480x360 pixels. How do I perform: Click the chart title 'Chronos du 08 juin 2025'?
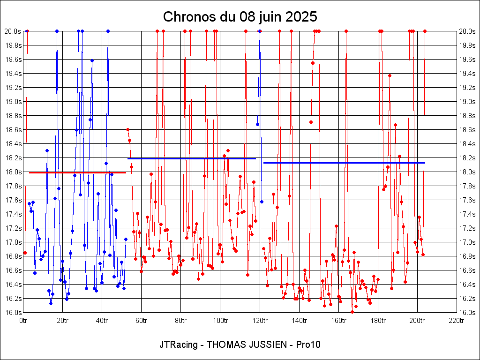tap(240, 17)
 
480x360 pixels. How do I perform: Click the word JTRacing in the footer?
tap(178, 345)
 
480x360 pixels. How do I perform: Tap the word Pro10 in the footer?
tap(308, 345)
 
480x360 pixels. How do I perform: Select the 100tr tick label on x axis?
tap(220, 321)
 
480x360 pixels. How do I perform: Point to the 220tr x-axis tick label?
tap(456, 321)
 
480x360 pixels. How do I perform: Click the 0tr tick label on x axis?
tap(24, 321)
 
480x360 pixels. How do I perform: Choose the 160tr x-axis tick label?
tap(338, 321)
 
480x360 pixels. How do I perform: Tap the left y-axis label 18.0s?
tap(13, 172)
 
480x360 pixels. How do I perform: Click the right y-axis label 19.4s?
tap(467, 74)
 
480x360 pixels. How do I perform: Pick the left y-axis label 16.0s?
tap(13, 313)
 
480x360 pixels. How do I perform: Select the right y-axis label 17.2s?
tap(467, 228)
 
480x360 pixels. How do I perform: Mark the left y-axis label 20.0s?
tap(13, 31)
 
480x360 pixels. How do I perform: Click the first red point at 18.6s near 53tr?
tap(127, 129)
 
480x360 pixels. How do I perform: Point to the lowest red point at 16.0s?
tap(352, 312)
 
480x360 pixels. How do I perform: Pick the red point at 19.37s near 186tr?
tap(390, 75)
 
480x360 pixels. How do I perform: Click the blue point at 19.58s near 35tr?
tap(92, 60)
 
